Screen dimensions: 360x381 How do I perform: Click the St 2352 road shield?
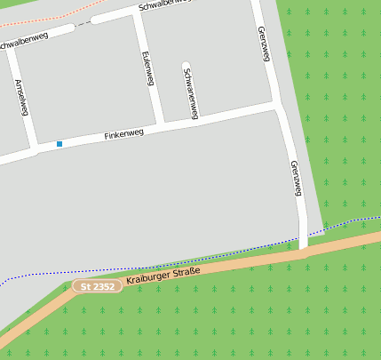[97, 286]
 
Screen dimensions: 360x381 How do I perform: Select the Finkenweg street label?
[123, 134]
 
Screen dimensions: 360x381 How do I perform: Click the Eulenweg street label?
[147, 69]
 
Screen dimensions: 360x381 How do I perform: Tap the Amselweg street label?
[22, 97]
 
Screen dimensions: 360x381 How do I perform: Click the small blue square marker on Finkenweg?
[60, 144]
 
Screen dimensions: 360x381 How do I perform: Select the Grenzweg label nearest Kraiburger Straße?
[297, 179]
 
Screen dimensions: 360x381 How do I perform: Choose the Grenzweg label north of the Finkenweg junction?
[264, 44]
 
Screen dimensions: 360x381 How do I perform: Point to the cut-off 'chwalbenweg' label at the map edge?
[25, 43]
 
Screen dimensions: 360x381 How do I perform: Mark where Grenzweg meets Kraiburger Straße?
[303, 252]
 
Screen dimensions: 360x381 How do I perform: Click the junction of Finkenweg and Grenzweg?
[280, 106]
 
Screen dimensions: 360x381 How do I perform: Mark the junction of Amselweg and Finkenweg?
[36, 149]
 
